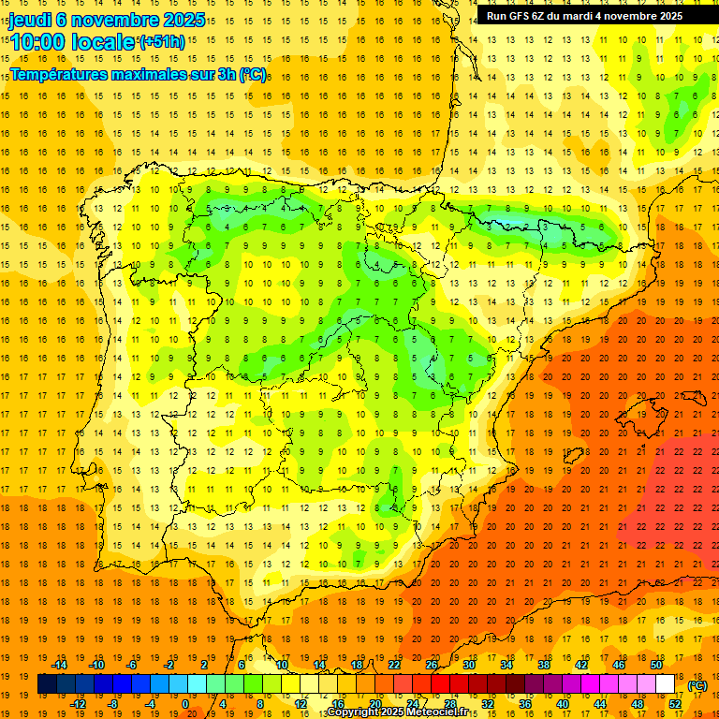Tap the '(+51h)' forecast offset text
161,42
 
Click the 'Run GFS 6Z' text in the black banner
519,16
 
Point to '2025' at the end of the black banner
668,16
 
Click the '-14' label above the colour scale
61,665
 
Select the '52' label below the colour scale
674,704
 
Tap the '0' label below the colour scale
185,704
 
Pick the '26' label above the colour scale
431,665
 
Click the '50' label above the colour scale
655,665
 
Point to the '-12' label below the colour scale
79,704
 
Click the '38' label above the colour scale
543,665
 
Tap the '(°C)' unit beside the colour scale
697,685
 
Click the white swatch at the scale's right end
665,684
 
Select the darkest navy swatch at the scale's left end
47,684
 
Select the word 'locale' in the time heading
103,42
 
